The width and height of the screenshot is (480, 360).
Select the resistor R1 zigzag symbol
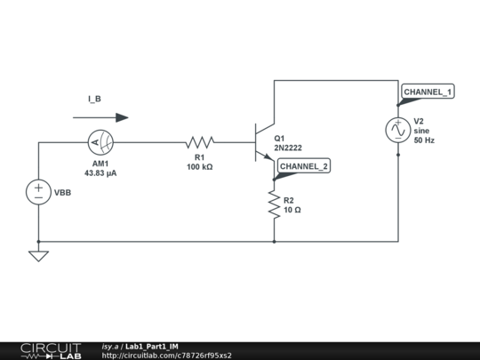(x=201, y=141)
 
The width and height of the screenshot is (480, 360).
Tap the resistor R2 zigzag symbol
(x=274, y=204)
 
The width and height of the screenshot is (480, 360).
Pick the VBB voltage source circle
(x=38, y=192)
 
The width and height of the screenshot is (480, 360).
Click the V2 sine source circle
(x=397, y=130)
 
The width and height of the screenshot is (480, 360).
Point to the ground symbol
(x=38, y=256)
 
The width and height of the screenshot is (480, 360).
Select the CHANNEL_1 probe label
(x=428, y=92)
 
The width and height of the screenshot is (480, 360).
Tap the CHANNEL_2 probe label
(x=304, y=166)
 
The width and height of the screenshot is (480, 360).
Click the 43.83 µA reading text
(x=100, y=172)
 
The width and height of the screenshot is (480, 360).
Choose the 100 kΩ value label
(x=199, y=166)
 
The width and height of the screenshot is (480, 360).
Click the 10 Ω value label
(x=292, y=210)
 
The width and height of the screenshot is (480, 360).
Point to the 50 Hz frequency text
(x=424, y=140)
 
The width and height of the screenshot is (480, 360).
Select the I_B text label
(x=94, y=99)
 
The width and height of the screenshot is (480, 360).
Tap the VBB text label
(x=64, y=193)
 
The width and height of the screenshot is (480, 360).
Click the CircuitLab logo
(x=51, y=350)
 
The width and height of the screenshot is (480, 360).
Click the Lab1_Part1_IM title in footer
(x=152, y=346)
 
